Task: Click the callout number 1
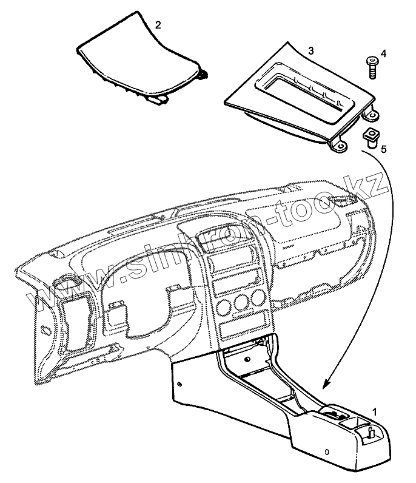375,411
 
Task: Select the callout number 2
158,25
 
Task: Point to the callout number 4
383,53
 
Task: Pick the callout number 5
383,147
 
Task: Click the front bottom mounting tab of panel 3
338,146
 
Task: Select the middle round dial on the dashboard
243,304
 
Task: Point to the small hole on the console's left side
181,384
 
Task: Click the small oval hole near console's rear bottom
327,452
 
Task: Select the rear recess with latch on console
372,432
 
